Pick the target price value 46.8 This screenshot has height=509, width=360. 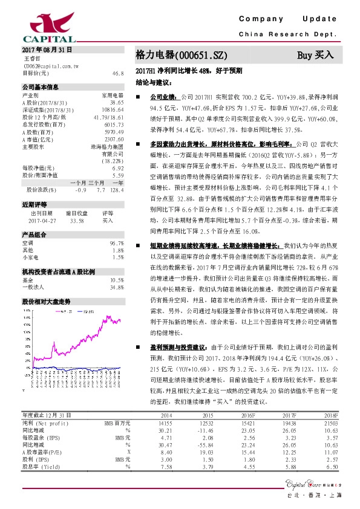(x=118, y=73)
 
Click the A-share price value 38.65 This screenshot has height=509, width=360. (x=117, y=103)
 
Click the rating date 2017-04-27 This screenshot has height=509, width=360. (x=42, y=221)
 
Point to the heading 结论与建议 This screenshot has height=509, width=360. (x=151, y=80)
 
